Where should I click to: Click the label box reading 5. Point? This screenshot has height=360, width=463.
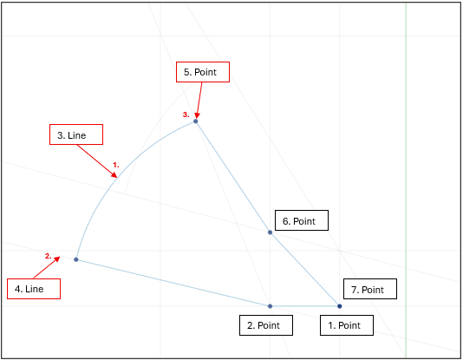[x=203, y=72]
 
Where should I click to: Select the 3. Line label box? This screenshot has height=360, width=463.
[x=76, y=134]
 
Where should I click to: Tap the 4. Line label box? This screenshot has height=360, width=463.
[x=34, y=289]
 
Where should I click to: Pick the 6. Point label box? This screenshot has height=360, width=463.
[x=302, y=220]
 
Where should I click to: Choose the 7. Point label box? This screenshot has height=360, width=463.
[x=370, y=289]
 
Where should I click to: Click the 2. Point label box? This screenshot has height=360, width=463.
[x=266, y=325]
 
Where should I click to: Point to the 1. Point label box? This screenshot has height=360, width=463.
[x=347, y=325]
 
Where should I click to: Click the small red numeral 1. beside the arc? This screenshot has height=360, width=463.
[x=116, y=165]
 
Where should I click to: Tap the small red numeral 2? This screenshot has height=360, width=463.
[x=49, y=256]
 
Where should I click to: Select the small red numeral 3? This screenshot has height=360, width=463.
[x=186, y=115]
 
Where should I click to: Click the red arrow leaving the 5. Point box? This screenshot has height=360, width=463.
[x=199, y=101]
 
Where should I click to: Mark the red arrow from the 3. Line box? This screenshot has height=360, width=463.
[x=97, y=161]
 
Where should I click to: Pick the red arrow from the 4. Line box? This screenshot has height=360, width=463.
[x=47, y=267]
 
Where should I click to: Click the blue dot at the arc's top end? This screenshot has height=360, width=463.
[x=195, y=121]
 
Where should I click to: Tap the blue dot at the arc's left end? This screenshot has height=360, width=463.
[x=76, y=259]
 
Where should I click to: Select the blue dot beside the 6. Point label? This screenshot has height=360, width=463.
[x=270, y=232]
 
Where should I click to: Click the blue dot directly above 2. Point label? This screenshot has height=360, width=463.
[x=270, y=306]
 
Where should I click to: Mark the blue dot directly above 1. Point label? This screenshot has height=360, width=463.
[x=340, y=306]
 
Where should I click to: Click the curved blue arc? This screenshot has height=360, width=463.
[x=118, y=176]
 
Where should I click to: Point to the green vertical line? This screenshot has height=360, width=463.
[x=406, y=180]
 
